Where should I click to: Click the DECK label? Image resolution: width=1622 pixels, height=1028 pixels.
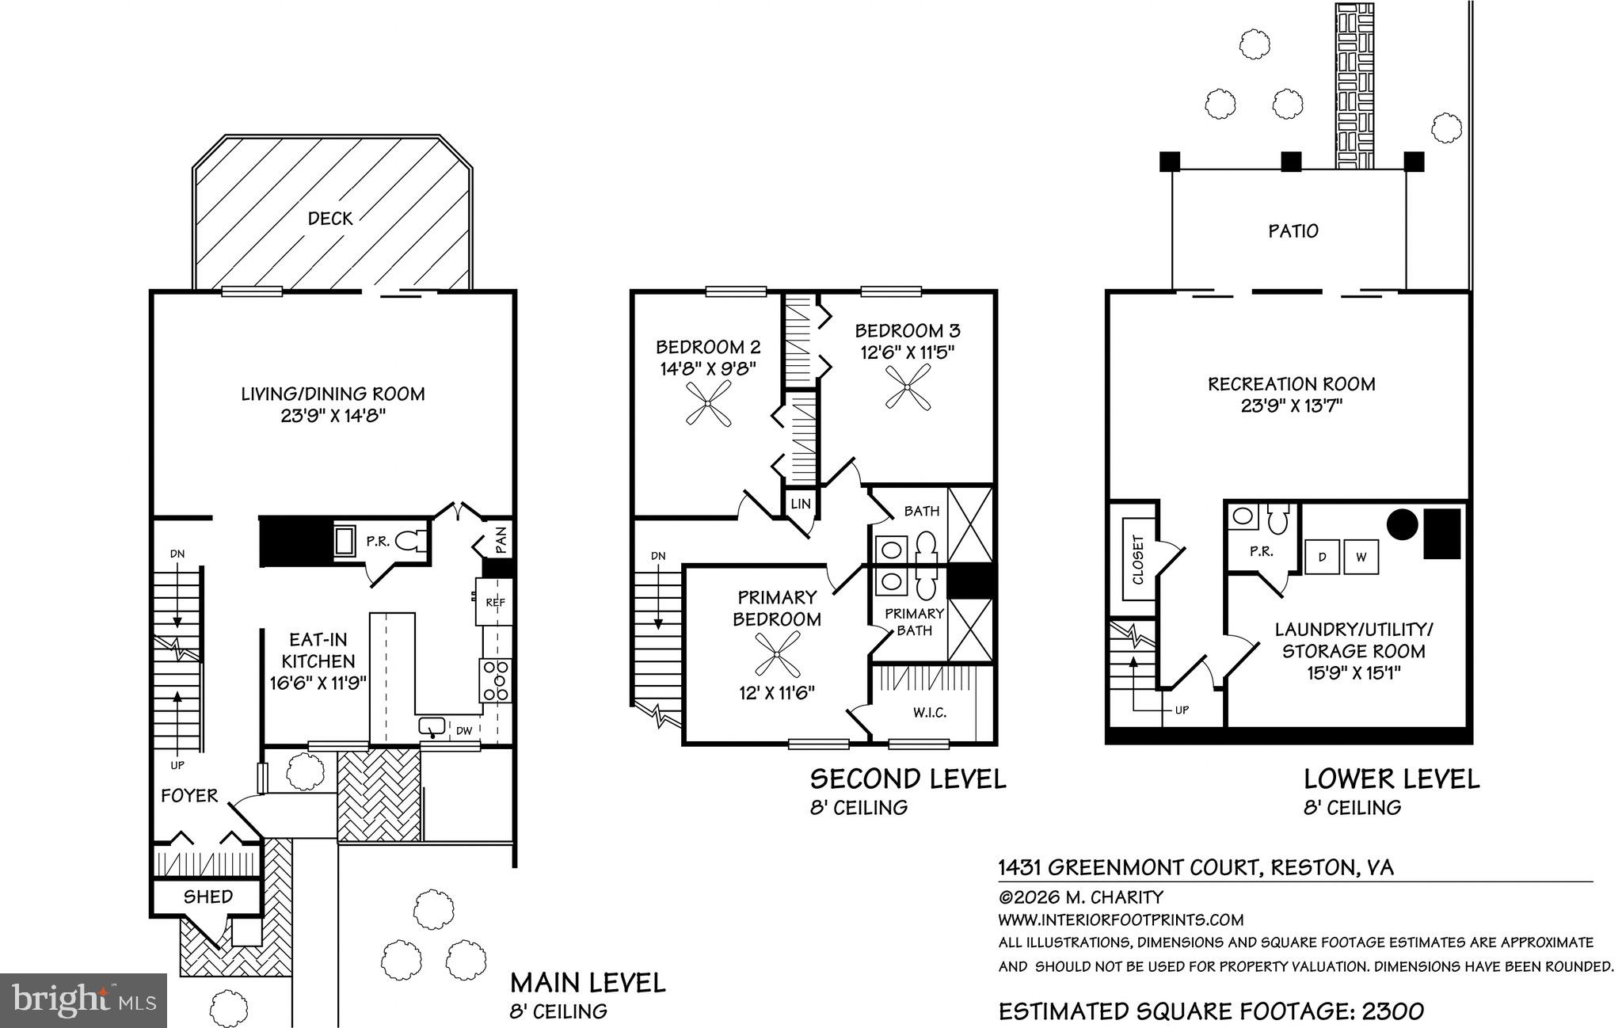[330, 219]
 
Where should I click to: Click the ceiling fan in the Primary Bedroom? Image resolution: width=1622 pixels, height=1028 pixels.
[777, 657]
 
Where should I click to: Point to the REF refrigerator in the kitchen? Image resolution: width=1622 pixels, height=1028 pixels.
[495, 602]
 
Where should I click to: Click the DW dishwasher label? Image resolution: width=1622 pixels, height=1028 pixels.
[464, 730]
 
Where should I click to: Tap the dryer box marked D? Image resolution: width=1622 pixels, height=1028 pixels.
[1322, 557]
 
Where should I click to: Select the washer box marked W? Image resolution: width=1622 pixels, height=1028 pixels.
[1361, 557]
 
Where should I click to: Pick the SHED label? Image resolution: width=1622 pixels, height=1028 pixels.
[208, 897]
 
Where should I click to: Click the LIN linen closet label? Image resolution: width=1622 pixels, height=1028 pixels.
[801, 504]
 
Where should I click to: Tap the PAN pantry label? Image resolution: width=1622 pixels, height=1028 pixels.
[501, 541]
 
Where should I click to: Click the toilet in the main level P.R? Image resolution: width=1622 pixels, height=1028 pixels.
[407, 542]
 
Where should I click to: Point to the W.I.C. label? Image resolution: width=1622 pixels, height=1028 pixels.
[930, 713]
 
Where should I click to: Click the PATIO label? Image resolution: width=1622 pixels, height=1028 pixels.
[1293, 231]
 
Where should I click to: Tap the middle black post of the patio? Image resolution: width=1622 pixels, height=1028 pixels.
[1291, 162]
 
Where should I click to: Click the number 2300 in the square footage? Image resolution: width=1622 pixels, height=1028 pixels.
[1393, 1011]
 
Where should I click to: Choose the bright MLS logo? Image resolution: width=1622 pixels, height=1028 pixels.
[83, 999]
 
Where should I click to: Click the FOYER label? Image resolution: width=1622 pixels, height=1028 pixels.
[189, 796]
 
